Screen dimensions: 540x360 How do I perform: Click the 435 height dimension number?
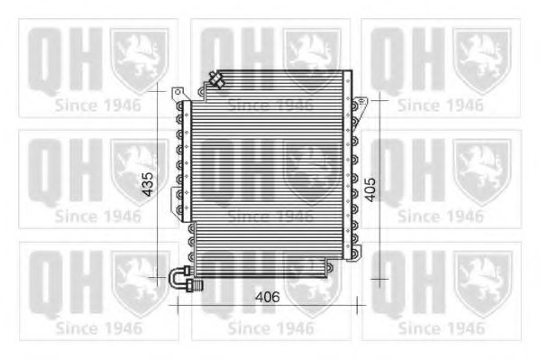coord(148,184)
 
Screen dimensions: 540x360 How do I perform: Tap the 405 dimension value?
coord(371,189)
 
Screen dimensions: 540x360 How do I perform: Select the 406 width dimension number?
coord(267,297)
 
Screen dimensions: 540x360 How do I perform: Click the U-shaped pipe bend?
coord(176,279)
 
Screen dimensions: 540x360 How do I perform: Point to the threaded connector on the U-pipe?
coord(196,286)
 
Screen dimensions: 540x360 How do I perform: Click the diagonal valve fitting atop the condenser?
coord(217,80)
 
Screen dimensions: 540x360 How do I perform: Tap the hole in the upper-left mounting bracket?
coord(178,92)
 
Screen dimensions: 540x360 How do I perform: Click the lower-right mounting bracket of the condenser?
coord(358,252)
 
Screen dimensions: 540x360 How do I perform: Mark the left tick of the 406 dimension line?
coord(178,305)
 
